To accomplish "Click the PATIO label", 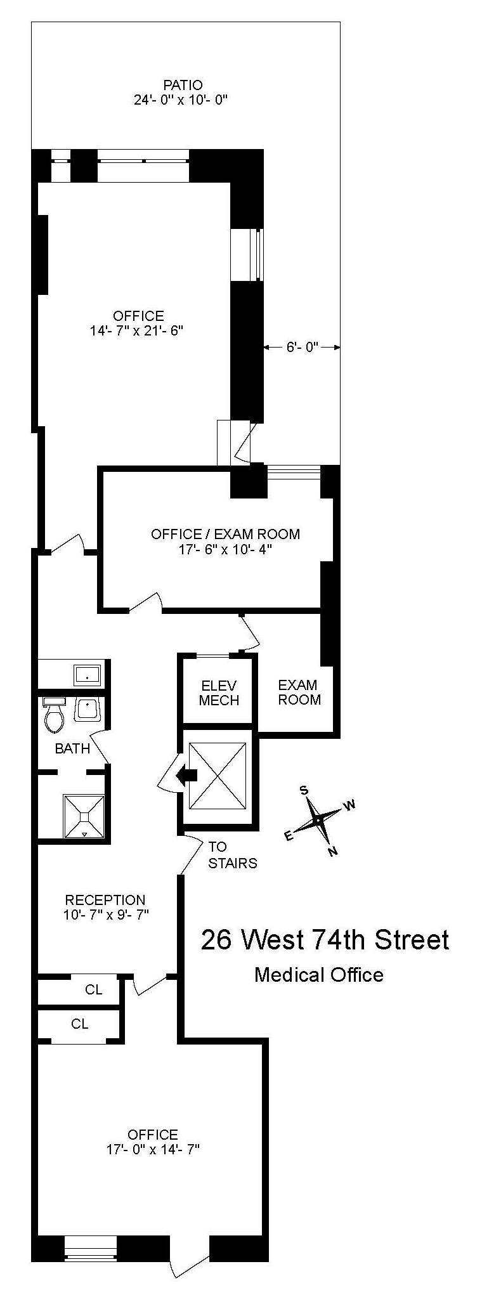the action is (x=183, y=85).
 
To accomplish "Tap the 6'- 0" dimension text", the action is (x=302, y=347).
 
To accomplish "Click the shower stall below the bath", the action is (x=83, y=817).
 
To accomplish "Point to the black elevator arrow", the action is (x=186, y=774).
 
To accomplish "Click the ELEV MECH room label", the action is (x=219, y=693).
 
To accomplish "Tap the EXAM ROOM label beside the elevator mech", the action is (x=299, y=692).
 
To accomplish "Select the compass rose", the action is (x=317, y=820).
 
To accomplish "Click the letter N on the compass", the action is (x=332, y=851).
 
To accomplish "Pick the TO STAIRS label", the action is (x=233, y=854).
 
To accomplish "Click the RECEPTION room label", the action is (x=105, y=900).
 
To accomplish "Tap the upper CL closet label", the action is (x=93, y=989).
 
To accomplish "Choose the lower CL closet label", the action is (x=80, y=1024).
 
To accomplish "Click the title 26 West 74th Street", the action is (x=325, y=939).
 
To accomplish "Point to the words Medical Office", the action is (x=319, y=974).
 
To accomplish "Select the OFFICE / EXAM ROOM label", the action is (x=225, y=534).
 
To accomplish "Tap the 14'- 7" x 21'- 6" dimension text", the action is (x=137, y=330).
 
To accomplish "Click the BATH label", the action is (x=72, y=748).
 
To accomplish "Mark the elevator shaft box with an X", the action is (x=218, y=776).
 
